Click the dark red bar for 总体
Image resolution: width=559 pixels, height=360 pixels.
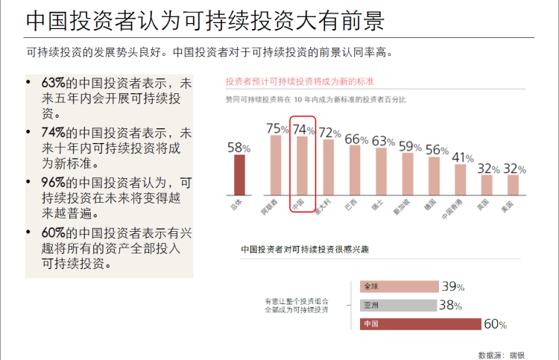[239, 174]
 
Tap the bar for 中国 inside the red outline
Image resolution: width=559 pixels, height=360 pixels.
[303, 165]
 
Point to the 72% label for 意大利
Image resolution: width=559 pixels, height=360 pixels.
[330, 133]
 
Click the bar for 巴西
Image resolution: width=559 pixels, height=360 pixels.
[355, 169]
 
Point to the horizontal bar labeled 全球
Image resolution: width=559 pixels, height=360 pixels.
[399, 286]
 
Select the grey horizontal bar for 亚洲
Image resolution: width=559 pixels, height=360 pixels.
[399, 305]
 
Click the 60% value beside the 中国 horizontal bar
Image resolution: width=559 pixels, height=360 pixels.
[496, 324]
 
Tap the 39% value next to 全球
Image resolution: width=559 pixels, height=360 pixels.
[453, 286]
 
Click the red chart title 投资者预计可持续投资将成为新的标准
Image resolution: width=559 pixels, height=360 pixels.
[300, 80]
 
